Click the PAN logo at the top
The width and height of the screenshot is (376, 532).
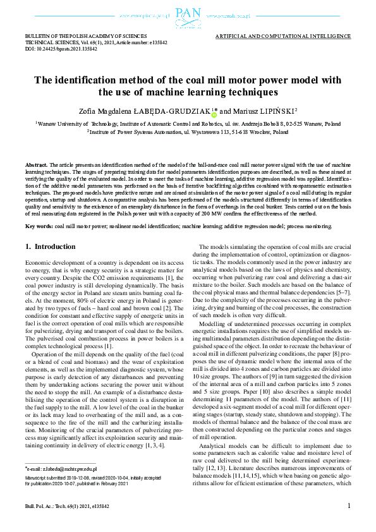188,14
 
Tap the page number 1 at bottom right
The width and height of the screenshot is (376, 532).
349,523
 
